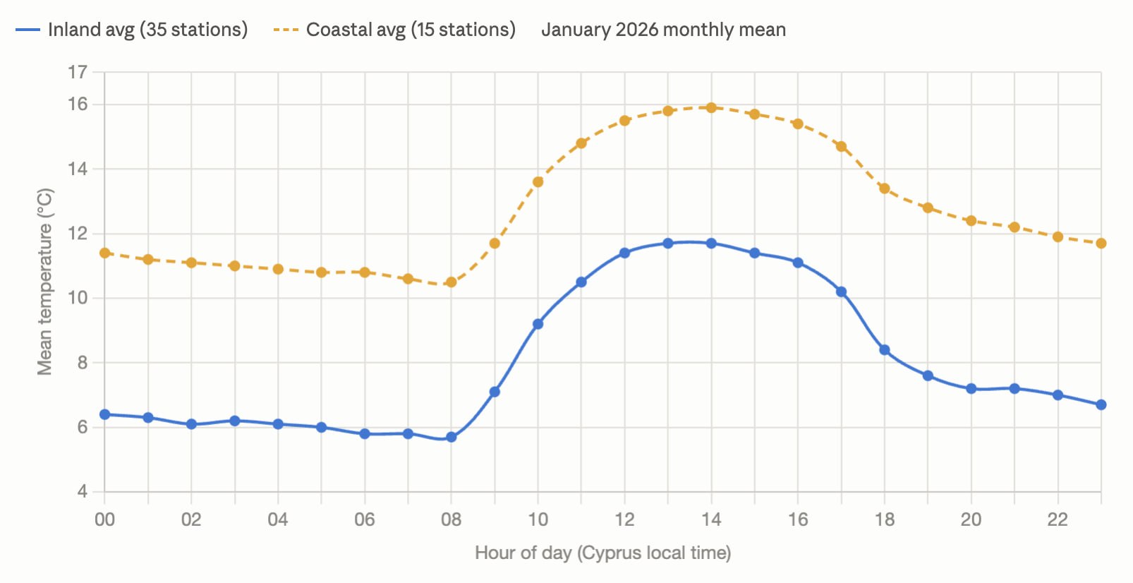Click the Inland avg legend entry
tap(131, 30)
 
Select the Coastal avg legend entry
tap(394, 30)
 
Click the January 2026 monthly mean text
tap(664, 30)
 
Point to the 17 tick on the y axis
tap(78, 72)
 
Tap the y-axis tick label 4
tap(82, 491)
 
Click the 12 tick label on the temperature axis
tap(78, 234)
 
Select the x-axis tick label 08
tap(452, 519)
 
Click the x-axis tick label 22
tap(1058, 519)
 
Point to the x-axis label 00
tap(104, 519)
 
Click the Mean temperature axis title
tap(44, 282)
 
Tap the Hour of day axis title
tap(603, 553)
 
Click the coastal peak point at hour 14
tap(711, 107)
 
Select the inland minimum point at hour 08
tap(452, 437)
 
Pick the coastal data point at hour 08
tap(452, 282)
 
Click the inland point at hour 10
tap(538, 324)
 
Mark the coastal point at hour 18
tap(885, 188)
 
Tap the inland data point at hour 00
tap(104, 414)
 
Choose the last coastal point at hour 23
tap(1101, 244)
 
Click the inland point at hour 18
tap(885, 349)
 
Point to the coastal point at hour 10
tap(538, 181)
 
